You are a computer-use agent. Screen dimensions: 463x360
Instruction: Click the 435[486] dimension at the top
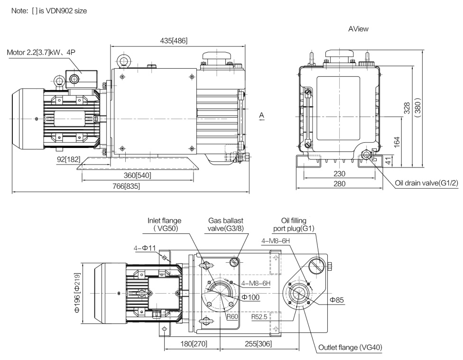(x=174, y=40)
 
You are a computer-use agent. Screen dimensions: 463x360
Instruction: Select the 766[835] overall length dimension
(x=126, y=186)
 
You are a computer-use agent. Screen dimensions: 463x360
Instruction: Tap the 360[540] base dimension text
(x=137, y=175)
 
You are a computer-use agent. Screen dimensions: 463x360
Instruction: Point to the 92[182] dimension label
(x=68, y=159)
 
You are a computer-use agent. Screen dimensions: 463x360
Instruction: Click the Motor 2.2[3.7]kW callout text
(x=41, y=53)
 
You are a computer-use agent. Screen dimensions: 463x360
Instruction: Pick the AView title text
(x=358, y=29)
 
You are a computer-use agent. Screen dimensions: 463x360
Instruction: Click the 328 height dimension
(x=407, y=108)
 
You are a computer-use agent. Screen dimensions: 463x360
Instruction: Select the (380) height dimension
(x=417, y=108)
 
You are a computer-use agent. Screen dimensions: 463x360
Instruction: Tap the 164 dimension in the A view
(x=397, y=142)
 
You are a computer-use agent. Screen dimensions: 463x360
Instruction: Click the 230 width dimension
(x=339, y=174)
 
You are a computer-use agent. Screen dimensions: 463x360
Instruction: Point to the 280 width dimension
(x=339, y=184)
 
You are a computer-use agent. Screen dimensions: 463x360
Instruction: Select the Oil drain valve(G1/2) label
(x=426, y=183)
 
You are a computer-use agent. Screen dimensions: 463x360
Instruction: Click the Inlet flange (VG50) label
(x=165, y=224)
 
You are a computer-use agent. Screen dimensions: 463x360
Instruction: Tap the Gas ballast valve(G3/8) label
(x=226, y=224)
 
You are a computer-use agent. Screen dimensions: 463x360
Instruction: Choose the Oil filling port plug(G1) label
(x=294, y=224)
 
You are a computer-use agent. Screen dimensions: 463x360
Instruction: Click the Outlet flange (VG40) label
(x=350, y=347)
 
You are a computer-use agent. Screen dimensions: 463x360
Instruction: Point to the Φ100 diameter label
(x=250, y=297)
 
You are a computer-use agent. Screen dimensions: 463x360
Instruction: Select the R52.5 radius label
(x=259, y=317)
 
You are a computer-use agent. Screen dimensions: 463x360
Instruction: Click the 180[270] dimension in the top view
(x=194, y=344)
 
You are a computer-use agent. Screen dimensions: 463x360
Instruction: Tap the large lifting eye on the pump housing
(x=124, y=61)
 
